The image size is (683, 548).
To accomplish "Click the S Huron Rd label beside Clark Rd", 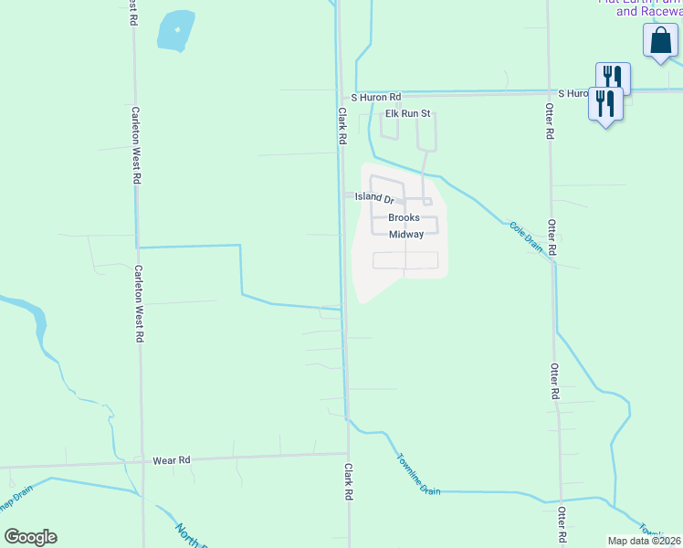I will coord(376,97).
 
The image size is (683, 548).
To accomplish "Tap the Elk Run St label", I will coord(407,114).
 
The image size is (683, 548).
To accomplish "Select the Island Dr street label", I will coord(374,198).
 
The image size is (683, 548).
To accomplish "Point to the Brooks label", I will coord(404,218).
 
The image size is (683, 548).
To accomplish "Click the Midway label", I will coord(406,235).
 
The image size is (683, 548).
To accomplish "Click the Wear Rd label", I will coord(171,461).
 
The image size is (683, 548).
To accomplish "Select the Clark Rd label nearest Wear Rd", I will coord(348,480).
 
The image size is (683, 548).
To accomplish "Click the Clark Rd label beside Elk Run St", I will coord(343,127).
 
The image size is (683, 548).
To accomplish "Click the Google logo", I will coord(30,537).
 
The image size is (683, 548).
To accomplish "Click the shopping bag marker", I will coord(659,41).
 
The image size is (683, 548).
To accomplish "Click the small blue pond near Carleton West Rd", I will coord(175,32).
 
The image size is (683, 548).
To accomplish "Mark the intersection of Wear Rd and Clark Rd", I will coord(348,453).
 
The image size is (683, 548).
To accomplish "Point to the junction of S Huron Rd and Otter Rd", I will coord(549,91).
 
